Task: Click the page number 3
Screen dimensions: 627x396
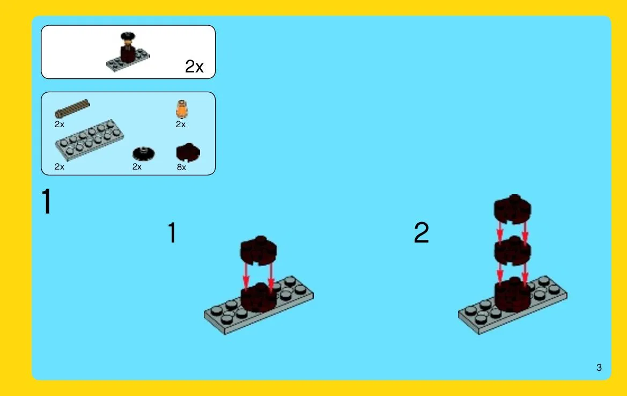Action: [x=599, y=368]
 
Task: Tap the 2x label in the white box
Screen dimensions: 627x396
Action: [x=194, y=67]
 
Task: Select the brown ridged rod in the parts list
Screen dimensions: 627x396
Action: [x=72, y=108]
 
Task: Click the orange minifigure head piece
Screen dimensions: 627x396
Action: [x=181, y=109]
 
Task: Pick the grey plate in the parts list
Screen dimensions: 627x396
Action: [x=89, y=140]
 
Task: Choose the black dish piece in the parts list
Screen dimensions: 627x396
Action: [x=144, y=153]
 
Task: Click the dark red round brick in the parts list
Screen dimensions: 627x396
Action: [x=188, y=152]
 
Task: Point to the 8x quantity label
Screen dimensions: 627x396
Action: [x=181, y=167]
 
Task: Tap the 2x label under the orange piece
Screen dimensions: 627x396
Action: [x=181, y=124]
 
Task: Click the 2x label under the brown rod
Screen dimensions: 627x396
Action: [x=60, y=124]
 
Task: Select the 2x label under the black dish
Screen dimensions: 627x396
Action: [x=137, y=167]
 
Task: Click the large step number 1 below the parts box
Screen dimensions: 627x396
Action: [x=47, y=201]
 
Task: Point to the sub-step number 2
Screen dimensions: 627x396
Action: [x=422, y=232]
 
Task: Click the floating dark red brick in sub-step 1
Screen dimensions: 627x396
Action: [x=259, y=251]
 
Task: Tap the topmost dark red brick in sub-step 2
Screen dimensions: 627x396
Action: [x=512, y=209]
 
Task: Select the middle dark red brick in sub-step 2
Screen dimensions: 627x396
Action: [x=512, y=251]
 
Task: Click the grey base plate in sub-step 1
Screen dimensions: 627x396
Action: [x=259, y=305]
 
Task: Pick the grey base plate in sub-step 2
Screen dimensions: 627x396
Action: [x=513, y=305]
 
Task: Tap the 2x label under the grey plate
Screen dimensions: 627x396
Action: [x=60, y=167]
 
